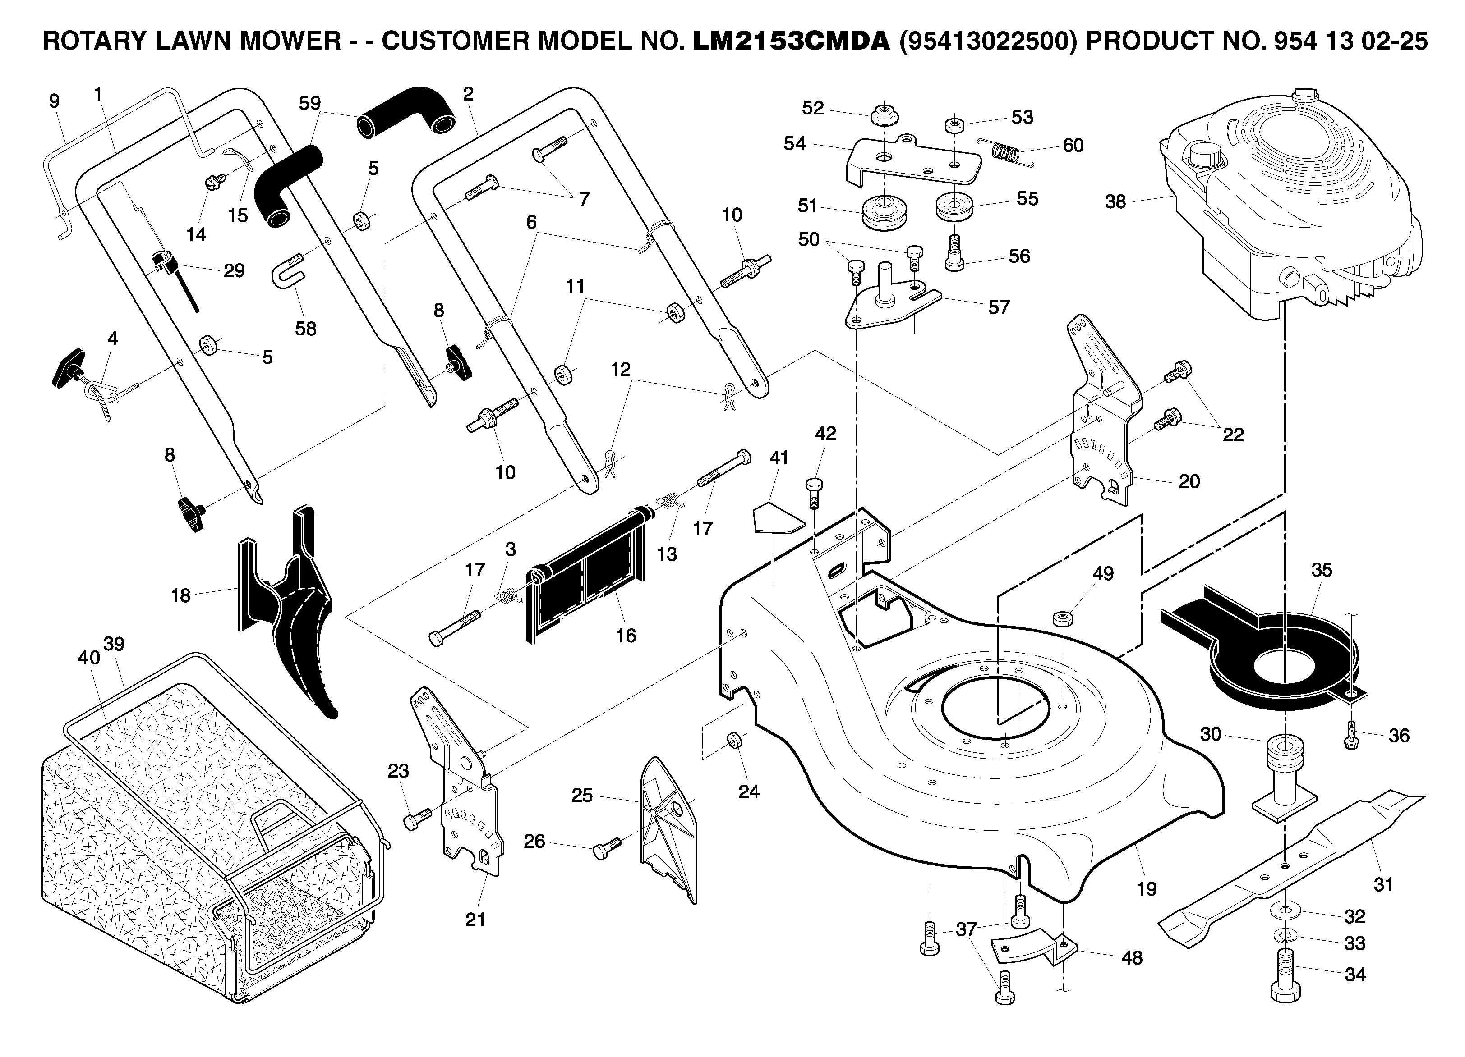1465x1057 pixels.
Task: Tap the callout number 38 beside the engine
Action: [x=1115, y=202]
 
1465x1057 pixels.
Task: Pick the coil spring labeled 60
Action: [x=1006, y=152]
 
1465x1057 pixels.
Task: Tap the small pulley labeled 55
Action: [x=954, y=206]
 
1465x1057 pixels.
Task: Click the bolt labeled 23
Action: [x=417, y=818]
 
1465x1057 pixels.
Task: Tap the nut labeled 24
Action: [x=734, y=740]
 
